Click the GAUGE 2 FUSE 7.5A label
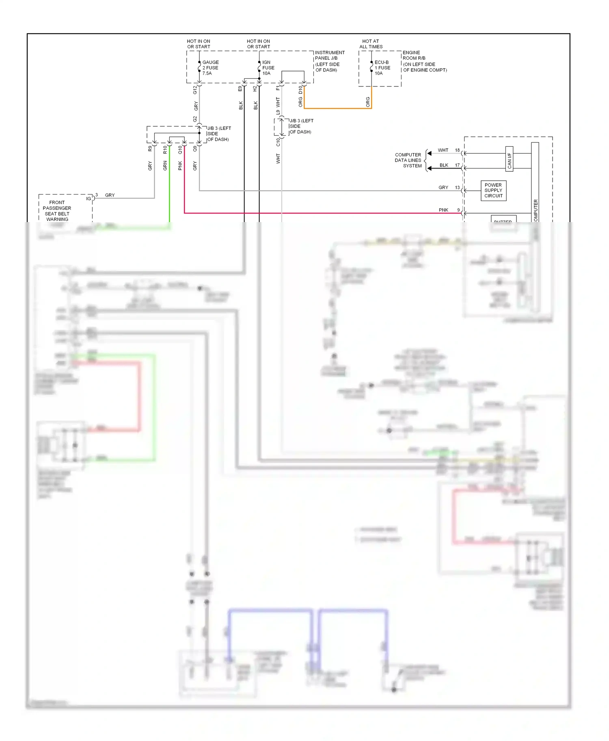pos(210,68)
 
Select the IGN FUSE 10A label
pos(268,68)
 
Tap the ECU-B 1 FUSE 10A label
pos(382,68)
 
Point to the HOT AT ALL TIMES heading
pos(371,44)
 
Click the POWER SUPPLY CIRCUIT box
pos(493,190)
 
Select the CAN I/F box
pos(509,159)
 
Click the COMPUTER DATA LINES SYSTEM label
pos(408,160)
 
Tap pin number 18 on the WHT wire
pos(457,150)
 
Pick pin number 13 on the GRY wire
pos(457,188)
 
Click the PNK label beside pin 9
pos(443,210)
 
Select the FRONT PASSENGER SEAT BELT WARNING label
pos(57,211)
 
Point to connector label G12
pos(195,90)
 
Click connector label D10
pos(300,90)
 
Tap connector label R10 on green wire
pos(165,149)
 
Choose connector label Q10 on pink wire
pos(180,149)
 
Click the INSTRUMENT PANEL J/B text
pos(330,55)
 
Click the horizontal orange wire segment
pos(337,108)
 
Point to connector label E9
pos(240,88)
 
